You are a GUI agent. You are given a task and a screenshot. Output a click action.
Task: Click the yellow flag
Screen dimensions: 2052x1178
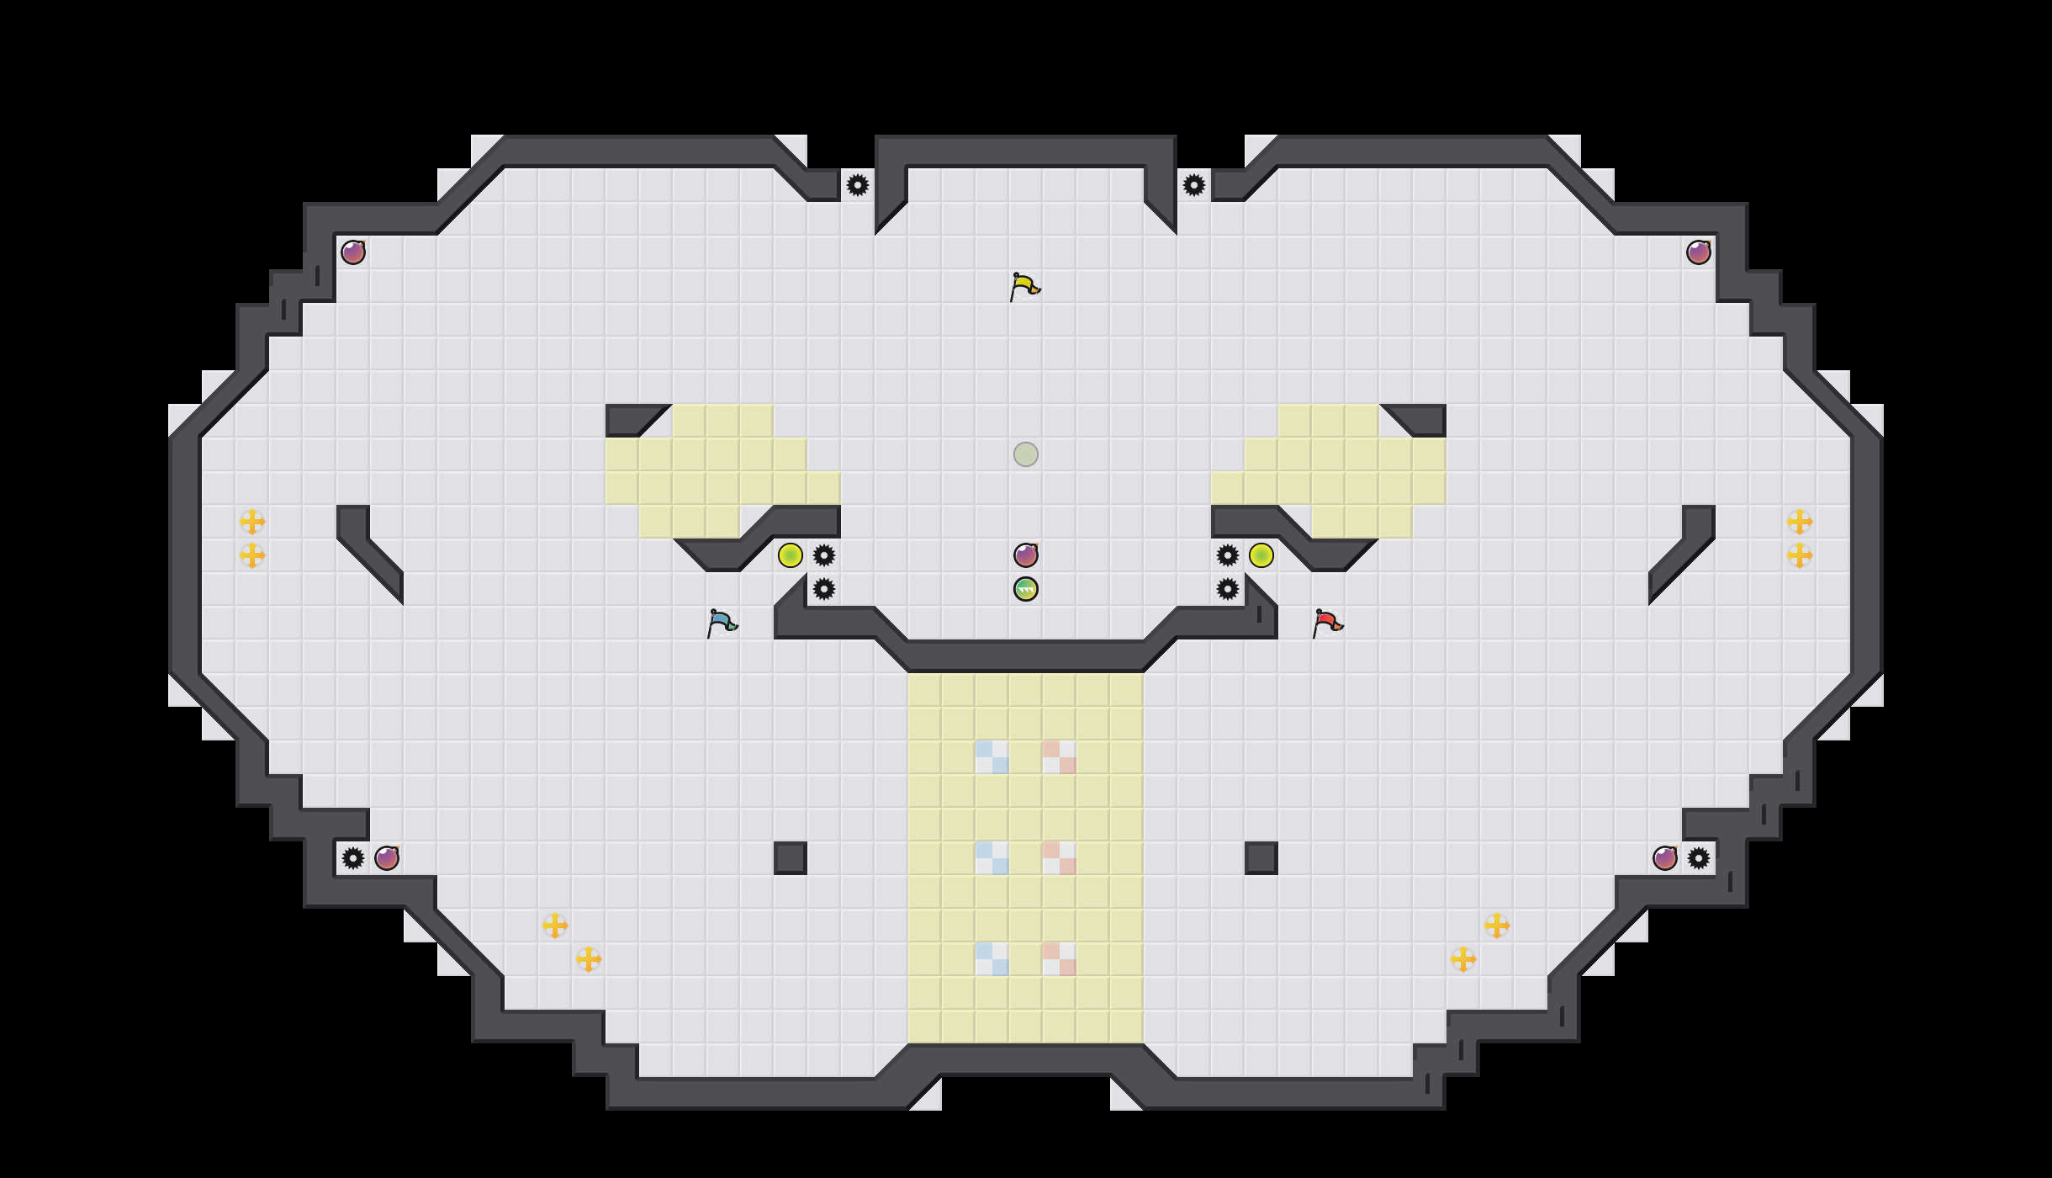[1024, 287]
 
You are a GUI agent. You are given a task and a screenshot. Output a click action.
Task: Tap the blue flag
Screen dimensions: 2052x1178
[722, 623]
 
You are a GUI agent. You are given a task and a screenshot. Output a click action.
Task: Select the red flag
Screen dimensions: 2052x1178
[1327, 623]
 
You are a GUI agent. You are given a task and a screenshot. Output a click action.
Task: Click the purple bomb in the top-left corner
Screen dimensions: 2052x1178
[353, 252]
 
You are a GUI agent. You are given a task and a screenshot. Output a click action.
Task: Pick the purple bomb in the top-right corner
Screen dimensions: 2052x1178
[1699, 252]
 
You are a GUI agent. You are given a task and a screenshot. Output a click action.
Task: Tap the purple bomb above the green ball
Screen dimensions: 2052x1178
[1026, 555]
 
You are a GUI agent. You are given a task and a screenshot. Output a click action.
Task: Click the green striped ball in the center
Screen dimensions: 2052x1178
[1026, 589]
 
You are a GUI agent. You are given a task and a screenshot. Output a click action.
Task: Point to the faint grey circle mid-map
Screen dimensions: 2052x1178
[1026, 454]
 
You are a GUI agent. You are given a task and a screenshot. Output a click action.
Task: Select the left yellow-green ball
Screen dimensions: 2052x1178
[791, 555]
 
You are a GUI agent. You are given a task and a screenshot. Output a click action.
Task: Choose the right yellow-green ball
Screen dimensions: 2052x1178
[1261, 555]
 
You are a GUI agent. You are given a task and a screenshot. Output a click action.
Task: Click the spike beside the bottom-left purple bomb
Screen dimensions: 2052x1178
[353, 858]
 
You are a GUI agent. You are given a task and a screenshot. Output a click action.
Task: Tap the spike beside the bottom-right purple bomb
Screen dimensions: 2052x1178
[1699, 858]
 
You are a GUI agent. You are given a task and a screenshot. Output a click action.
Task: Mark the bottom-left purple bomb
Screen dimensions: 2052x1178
[387, 858]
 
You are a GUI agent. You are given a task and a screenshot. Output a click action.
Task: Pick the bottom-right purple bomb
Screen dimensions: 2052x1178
[1665, 858]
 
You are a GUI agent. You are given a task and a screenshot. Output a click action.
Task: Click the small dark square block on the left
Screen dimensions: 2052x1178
[791, 858]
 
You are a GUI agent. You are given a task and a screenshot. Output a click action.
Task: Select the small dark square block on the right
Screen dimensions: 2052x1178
[1261, 858]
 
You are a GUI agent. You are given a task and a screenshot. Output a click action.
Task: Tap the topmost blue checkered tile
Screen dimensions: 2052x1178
[992, 757]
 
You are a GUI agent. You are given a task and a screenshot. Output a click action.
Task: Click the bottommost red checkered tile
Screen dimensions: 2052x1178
[1060, 959]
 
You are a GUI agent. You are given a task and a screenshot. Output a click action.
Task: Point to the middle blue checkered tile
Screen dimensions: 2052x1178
[992, 858]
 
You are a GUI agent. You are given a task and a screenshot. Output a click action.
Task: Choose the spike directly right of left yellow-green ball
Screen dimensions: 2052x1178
[824, 555]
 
